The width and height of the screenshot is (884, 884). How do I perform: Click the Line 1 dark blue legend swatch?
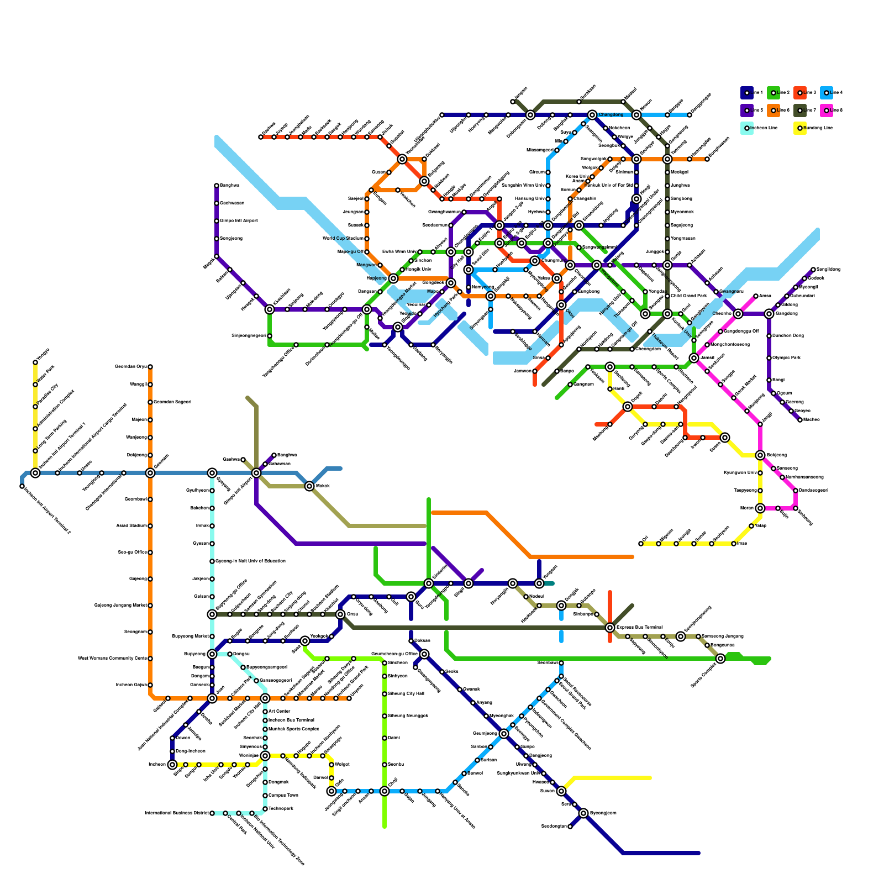(746, 93)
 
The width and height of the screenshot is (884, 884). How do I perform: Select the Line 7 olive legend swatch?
(799, 110)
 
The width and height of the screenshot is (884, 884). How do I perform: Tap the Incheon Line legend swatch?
(746, 128)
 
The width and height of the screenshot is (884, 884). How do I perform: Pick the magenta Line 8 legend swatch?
(826, 110)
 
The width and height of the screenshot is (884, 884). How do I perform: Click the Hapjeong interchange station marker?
(393, 278)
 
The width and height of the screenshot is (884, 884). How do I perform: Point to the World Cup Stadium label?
(343, 239)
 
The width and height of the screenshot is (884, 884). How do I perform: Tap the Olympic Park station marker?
(769, 358)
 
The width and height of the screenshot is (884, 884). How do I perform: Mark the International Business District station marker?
(212, 813)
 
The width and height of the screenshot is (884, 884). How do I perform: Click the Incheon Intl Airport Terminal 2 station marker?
(22, 486)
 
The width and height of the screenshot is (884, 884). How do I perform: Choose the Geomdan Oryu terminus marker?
(150, 367)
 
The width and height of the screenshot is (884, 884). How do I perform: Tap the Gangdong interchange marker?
(769, 314)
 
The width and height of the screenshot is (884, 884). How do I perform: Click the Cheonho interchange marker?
(738, 314)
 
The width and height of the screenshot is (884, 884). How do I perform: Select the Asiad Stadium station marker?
(150, 526)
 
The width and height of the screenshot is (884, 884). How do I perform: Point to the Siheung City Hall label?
(406, 694)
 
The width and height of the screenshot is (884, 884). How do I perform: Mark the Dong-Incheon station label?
(190, 751)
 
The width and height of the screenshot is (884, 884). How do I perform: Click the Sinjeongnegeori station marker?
(270, 336)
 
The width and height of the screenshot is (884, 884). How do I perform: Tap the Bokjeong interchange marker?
(760, 455)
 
